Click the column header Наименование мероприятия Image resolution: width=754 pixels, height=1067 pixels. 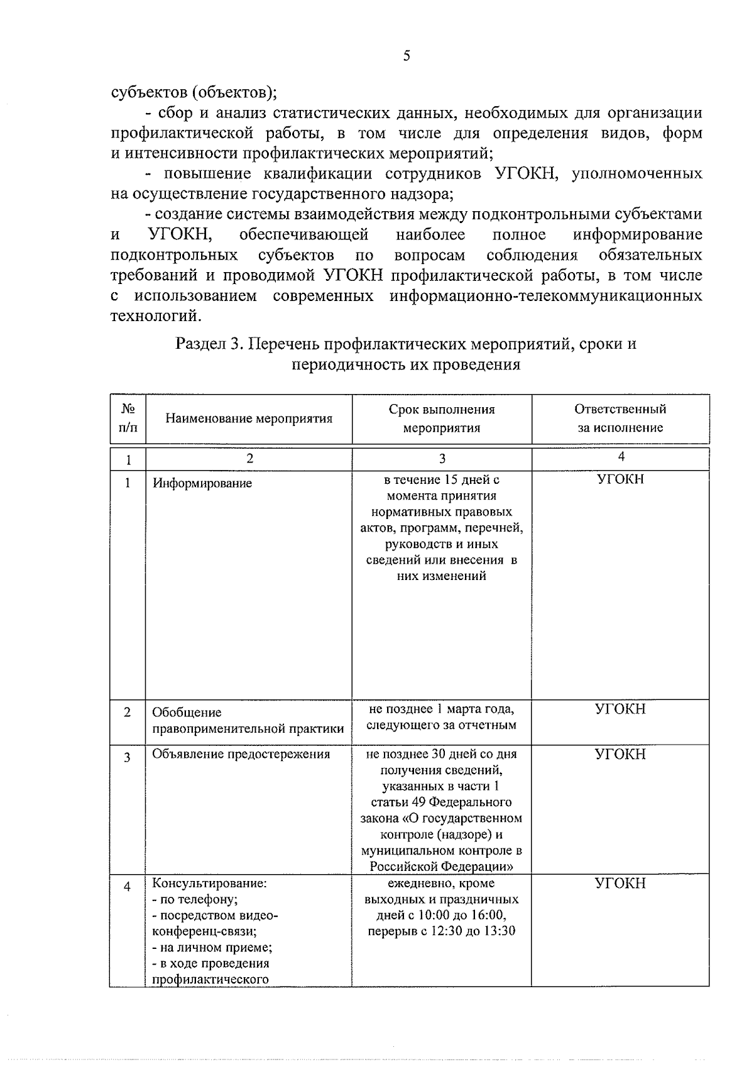point(249,419)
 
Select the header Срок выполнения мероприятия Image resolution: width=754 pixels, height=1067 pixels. point(441,419)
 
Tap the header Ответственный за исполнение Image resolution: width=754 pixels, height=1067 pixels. point(620,419)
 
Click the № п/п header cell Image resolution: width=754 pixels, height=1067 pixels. point(128,418)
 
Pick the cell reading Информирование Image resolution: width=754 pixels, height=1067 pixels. point(202,483)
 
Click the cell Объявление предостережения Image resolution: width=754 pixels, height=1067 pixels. point(241,754)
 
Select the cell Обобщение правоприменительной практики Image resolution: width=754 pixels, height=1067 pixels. point(248,721)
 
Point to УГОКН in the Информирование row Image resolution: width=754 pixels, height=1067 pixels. point(620,480)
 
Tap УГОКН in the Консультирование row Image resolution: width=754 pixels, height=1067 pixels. point(620,884)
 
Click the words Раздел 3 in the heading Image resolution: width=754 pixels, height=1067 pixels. point(209,344)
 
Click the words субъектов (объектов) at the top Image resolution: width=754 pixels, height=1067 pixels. point(194,92)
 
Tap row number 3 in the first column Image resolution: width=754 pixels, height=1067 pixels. point(128,758)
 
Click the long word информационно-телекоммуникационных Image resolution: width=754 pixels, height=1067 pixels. point(545,295)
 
